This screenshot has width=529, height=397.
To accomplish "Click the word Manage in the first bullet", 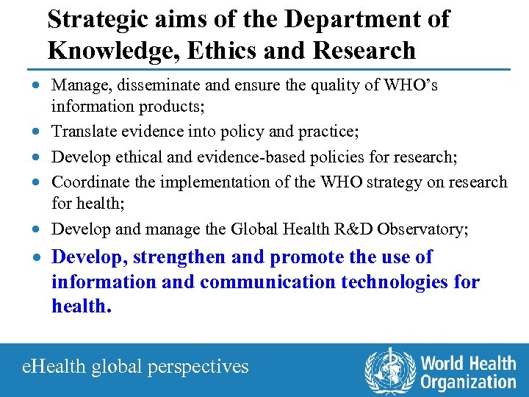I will (x=78, y=85).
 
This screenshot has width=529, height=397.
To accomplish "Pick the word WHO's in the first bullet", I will (x=411, y=85).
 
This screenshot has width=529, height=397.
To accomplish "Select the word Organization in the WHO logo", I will (x=468, y=382).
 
